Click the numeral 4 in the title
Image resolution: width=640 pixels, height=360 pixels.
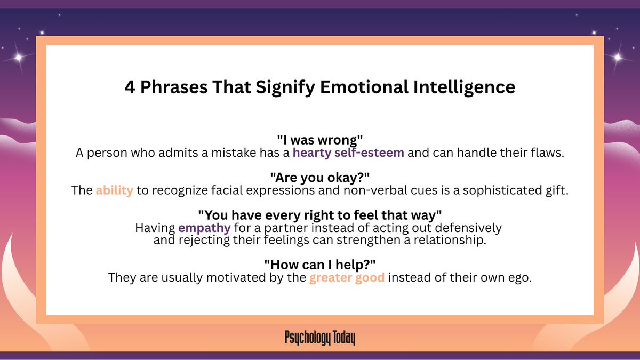coord(130,87)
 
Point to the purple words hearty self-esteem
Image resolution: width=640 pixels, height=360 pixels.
coord(348,153)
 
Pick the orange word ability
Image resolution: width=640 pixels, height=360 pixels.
coord(115,190)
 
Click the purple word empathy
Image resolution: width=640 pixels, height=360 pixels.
coord(205,228)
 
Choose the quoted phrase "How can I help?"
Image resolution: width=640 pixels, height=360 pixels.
coord(320,265)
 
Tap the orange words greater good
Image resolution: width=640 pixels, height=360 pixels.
coord(347,277)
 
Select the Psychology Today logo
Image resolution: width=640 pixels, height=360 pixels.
coord(320,338)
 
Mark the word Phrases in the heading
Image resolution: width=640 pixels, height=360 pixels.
coord(167,87)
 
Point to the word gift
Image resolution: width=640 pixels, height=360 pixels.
coord(557,190)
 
